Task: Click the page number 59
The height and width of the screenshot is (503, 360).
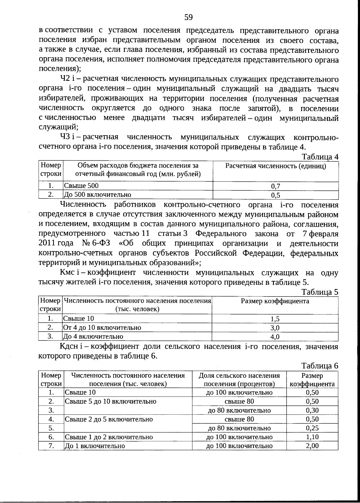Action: pyautogui.click(x=188, y=17)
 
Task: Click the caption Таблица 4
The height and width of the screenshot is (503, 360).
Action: pyautogui.click(x=320, y=157)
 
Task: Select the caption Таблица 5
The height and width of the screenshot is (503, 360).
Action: pyautogui.click(x=320, y=292)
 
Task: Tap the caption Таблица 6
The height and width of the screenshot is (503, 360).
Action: pyautogui.click(x=320, y=366)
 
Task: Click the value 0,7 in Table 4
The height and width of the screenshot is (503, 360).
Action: pyautogui.click(x=275, y=186)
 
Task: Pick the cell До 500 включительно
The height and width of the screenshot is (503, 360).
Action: pyautogui.click(x=98, y=195)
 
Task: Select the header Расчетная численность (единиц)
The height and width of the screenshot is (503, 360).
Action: pyautogui.click(x=275, y=166)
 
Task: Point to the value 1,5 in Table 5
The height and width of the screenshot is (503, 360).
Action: pyautogui.click(x=275, y=319)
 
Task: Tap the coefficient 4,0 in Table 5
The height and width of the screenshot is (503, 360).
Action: pyautogui.click(x=275, y=337)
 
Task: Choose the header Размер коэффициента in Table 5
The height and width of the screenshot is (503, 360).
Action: pyautogui.click(x=275, y=301)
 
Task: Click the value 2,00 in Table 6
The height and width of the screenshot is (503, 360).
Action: pyautogui.click(x=312, y=446)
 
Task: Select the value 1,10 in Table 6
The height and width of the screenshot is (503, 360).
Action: pyautogui.click(x=312, y=437)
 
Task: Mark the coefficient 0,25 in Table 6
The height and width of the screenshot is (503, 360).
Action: pyautogui.click(x=312, y=428)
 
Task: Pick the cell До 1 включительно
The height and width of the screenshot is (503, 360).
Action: pyautogui.click(x=95, y=446)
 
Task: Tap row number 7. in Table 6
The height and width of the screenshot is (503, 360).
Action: pyautogui.click(x=51, y=446)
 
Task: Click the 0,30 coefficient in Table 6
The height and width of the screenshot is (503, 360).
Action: pyautogui.click(x=312, y=410)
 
